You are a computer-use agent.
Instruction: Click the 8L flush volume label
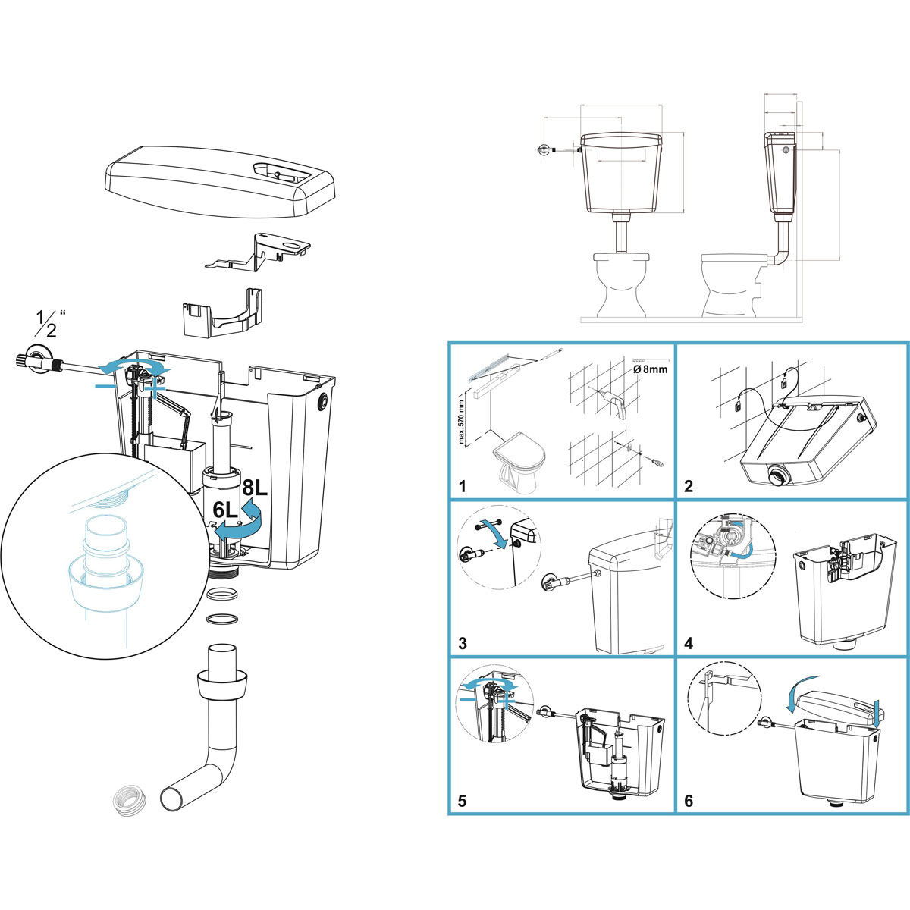(255, 488)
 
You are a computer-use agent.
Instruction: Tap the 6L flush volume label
(224, 510)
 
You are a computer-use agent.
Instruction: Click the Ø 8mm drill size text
(650, 369)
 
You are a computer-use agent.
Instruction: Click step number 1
(462, 486)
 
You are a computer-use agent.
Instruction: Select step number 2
(688, 486)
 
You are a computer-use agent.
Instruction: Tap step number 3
(463, 643)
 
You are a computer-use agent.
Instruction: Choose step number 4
(689, 643)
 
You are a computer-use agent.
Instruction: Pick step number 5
(463, 801)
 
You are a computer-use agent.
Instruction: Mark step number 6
(689, 801)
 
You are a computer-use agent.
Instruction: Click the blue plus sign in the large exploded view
(155, 388)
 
